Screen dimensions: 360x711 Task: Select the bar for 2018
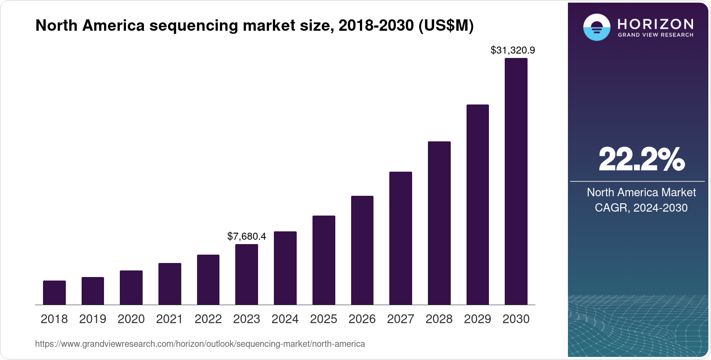pyautogui.click(x=54, y=292)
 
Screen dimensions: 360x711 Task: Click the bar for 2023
pyautogui.click(x=247, y=274)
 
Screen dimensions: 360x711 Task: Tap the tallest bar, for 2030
pyautogui.click(x=516, y=181)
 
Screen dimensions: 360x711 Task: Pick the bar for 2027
pyautogui.click(x=400, y=238)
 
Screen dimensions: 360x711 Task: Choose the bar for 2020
pyautogui.click(x=131, y=288)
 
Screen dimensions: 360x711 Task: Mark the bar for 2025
pyautogui.click(x=323, y=260)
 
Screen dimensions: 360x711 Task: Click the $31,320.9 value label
pyautogui.click(x=513, y=50)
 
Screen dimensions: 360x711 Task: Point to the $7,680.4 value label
pyautogui.click(x=247, y=237)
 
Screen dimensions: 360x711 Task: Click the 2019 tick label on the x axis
pyautogui.click(x=93, y=319)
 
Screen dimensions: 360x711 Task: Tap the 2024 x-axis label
pyautogui.click(x=285, y=319)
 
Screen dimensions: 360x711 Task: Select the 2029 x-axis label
pyautogui.click(x=478, y=319)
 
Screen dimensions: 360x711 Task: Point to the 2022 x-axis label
pyautogui.click(x=208, y=319)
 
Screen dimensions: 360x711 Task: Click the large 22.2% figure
pyautogui.click(x=641, y=160)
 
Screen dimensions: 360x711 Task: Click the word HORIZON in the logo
pyautogui.click(x=655, y=24)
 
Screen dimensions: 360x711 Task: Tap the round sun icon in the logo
pyautogui.click(x=596, y=27)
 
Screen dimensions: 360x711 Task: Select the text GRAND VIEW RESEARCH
pyautogui.click(x=655, y=35)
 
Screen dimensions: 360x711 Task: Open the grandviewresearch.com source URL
pyautogui.click(x=200, y=344)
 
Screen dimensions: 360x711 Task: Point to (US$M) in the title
pyautogui.click(x=445, y=25)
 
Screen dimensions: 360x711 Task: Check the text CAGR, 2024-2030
pyautogui.click(x=641, y=208)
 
